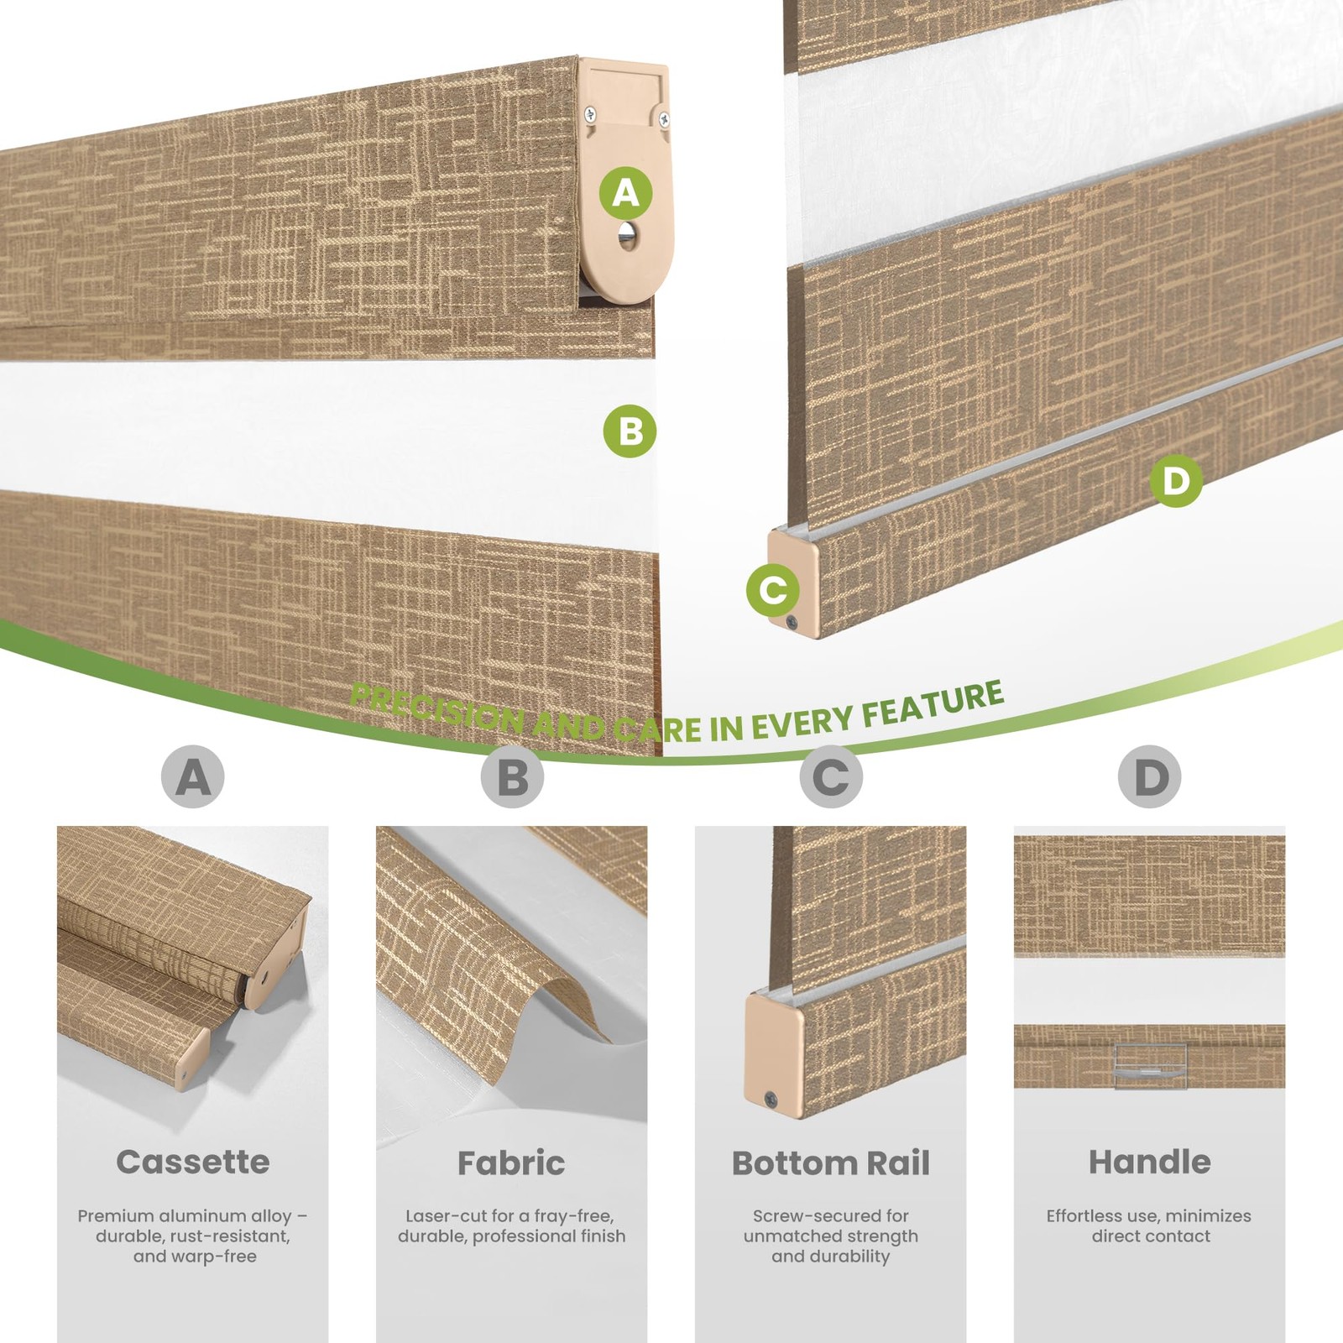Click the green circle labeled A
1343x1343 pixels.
(x=625, y=194)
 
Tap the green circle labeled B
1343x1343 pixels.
(x=630, y=431)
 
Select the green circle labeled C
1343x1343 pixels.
(x=773, y=589)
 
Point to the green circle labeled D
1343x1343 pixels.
(x=1176, y=481)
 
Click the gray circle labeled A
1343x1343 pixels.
(x=193, y=776)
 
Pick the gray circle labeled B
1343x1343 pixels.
(x=512, y=776)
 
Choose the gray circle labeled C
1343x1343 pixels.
(x=831, y=776)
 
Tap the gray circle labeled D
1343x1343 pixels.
(x=1150, y=776)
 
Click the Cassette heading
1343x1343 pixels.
(x=193, y=1162)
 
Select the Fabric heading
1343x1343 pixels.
(x=512, y=1163)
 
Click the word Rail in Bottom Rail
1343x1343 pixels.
(x=898, y=1163)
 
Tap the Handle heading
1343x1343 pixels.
(x=1150, y=1162)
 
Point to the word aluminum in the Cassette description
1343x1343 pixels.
(x=201, y=1215)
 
